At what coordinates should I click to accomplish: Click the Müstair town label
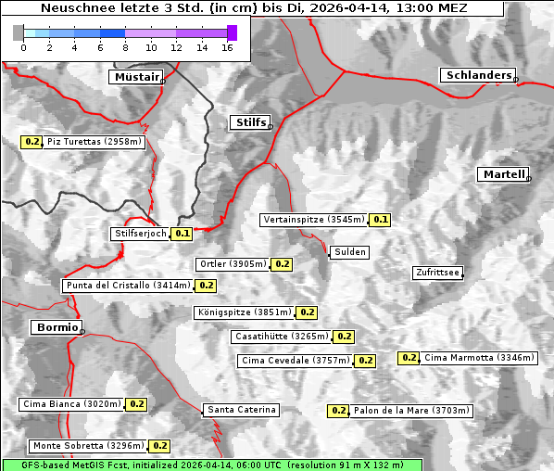point(135,77)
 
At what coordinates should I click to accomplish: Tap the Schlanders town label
point(478,75)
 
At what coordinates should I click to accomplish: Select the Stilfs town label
point(249,122)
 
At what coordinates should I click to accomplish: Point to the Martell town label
point(503,174)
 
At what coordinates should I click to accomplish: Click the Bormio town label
point(56,327)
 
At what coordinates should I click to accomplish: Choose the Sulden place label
point(350,252)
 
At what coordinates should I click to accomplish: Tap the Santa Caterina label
point(241,410)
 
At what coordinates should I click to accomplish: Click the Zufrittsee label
point(437,273)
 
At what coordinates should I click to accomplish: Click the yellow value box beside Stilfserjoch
point(182,234)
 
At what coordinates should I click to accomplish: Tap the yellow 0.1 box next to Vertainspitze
point(380,220)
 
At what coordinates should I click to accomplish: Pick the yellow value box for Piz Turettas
point(32,142)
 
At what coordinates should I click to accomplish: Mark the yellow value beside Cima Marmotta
point(409,358)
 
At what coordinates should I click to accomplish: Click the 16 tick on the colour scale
point(227,45)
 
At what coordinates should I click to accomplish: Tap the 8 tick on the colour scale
point(125,45)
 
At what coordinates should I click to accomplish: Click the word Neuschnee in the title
point(73,8)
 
